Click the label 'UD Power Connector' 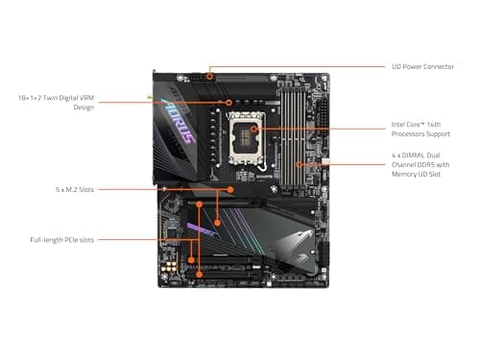click(x=424, y=66)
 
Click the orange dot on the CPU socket click(x=254, y=128)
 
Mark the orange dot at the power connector click(x=210, y=67)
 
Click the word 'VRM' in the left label click(x=84, y=97)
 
